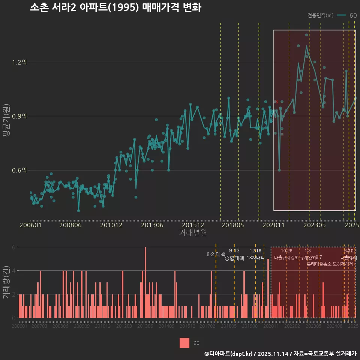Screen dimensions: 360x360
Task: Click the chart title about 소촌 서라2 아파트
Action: coord(115,8)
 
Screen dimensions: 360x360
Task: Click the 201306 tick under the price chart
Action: coord(151,225)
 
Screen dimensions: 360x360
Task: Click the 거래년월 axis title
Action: coord(193,232)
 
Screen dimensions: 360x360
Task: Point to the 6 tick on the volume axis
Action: coord(14,247)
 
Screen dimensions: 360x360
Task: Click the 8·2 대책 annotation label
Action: coord(216,254)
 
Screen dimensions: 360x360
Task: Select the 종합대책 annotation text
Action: coord(234,258)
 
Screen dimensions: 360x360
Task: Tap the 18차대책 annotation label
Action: coord(256,258)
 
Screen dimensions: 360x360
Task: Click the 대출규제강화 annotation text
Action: coord(286,258)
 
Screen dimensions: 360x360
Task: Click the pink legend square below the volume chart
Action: coord(184,343)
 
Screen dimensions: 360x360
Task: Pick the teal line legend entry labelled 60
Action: coord(347,15)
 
